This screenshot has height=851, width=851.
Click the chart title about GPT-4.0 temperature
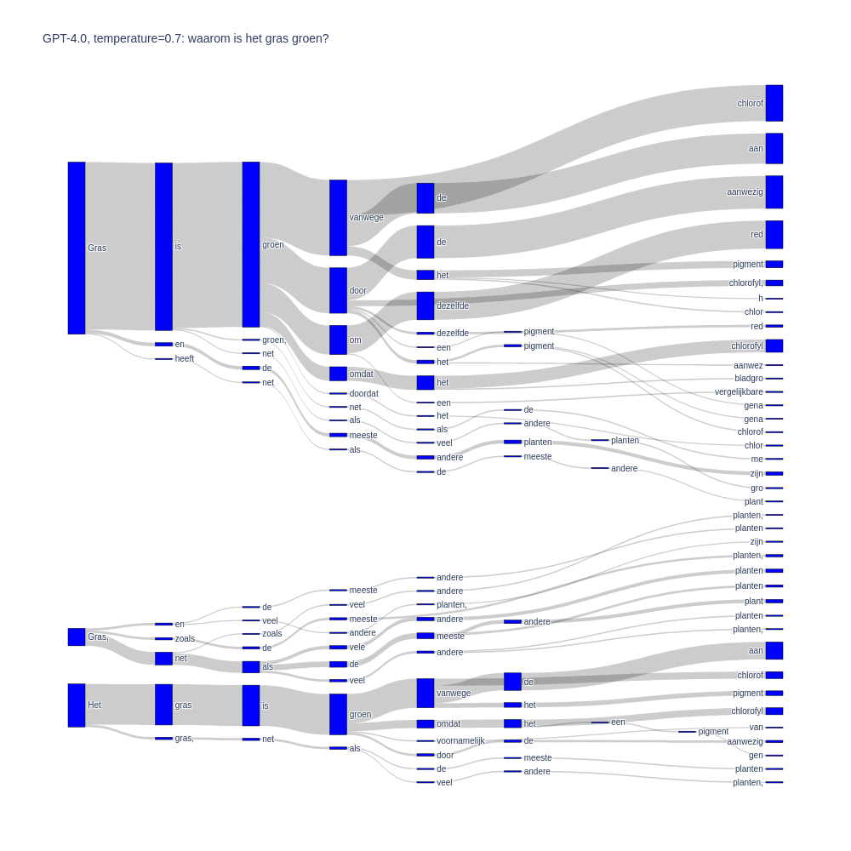pyautogui.click(x=186, y=38)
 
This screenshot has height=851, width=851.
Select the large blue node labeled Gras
pyautogui.click(x=77, y=248)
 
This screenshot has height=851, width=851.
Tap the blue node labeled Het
pyautogui.click(x=77, y=705)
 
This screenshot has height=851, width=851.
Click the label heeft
pyautogui.click(x=185, y=359)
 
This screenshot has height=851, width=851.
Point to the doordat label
pyautogui.click(x=363, y=393)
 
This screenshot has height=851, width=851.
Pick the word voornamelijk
pyautogui.click(x=460, y=740)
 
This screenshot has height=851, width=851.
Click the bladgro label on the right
pyautogui.click(x=749, y=379)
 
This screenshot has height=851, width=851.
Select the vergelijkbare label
pyautogui.click(x=739, y=392)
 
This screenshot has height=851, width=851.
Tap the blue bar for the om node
pyautogui.click(x=338, y=340)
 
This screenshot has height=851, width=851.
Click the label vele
pyautogui.click(x=357, y=647)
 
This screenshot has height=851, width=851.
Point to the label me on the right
pyautogui.click(x=757, y=460)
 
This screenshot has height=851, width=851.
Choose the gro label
pyautogui.click(x=757, y=488)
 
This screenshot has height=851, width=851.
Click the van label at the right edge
pyautogui.click(x=756, y=728)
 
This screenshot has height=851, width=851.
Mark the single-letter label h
pyautogui.click(x=761, y=299)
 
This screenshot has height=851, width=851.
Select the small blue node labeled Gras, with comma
pyautogui.click(x=77, y=637)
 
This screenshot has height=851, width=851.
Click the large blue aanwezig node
pyautogui.click(x=774, y=192)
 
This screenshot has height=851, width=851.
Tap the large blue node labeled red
pyautogui.click(x=774, y=234)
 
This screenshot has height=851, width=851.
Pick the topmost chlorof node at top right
pyautogui.click(x=774, y=103)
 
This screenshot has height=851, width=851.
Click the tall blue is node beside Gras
pyautogui.click(x=163, y=247)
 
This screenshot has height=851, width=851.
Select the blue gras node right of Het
pyautogui.click(x=163, y=705)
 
